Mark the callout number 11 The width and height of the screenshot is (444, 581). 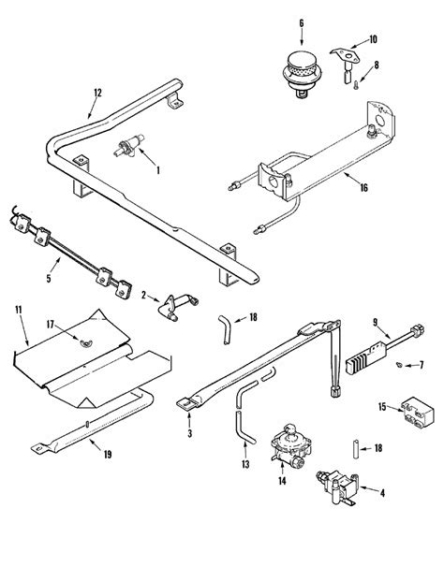[x=18, y=307]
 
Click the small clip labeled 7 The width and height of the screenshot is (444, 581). [x=398, y=364]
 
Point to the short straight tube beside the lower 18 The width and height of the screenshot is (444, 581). [x=356, y=448]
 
